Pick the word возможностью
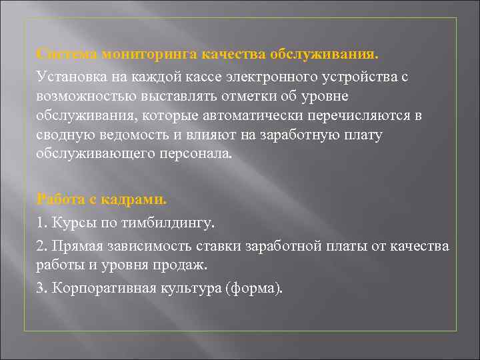(80, 96)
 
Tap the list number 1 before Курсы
(41, 219)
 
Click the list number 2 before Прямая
(41, 246)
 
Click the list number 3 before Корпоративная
(41, 288)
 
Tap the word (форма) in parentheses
(255, 288)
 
